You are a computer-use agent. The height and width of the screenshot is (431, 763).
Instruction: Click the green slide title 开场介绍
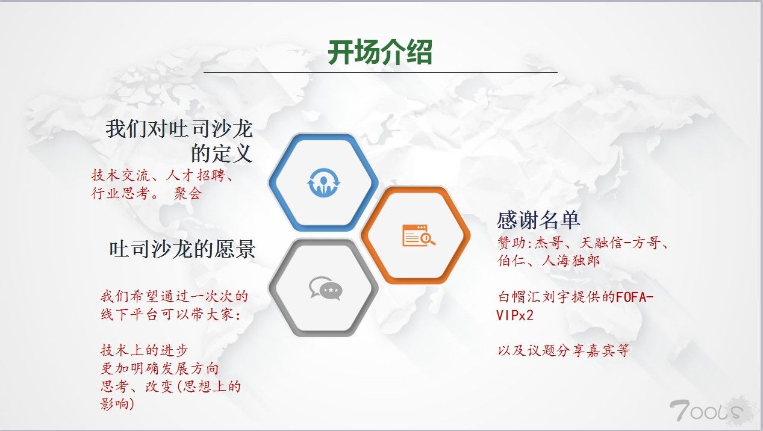[380, 52]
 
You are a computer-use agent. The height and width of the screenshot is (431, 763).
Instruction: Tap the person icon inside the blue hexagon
[323, 182]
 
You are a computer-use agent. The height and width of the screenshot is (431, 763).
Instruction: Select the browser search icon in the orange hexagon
[419, 235]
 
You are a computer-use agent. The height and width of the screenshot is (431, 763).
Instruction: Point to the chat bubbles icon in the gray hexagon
[326, 288]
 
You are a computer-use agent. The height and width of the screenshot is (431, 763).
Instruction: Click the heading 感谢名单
[538, 220]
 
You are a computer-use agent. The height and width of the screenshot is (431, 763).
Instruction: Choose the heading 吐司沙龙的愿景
[182, 249]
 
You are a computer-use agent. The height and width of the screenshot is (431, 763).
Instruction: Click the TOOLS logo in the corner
[707, 411]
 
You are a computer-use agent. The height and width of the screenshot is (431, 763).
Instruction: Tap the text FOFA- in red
[635, 297]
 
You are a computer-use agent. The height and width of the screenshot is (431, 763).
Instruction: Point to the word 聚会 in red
[188, 194]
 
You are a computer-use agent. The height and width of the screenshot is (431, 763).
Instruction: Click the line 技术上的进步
[145, 350]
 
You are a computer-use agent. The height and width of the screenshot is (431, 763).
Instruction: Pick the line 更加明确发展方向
[160, 368]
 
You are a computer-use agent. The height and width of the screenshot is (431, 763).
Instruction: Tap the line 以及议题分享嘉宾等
[564, 350]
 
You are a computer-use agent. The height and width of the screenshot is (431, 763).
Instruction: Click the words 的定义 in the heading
[222, 153]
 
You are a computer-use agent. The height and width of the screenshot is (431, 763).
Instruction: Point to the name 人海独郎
[570, 261]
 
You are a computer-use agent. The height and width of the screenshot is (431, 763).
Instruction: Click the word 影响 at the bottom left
[115, 404]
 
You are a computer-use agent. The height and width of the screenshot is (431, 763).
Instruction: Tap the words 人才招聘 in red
[196, 176]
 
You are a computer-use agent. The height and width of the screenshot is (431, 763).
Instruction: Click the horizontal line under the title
[380, 72]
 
